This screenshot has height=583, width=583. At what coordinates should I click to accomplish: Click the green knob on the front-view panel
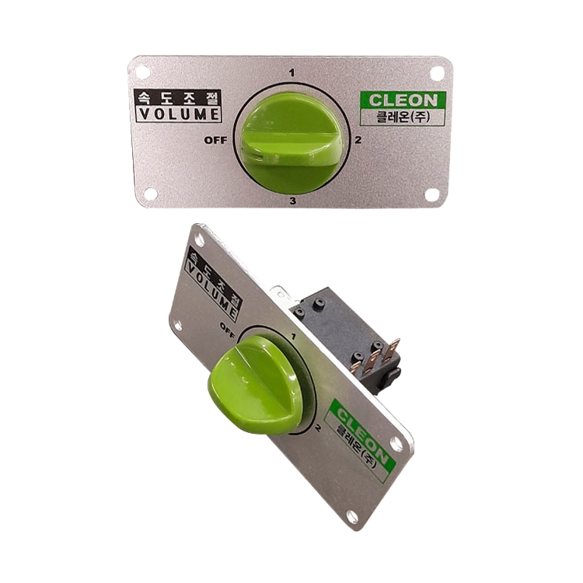click(x=292, y=143)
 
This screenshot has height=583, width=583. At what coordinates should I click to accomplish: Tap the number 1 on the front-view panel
click(x=291, y=73)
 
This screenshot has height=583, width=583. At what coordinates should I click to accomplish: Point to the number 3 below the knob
click(x=293, y=201)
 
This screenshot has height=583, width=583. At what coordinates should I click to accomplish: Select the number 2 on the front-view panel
click(x=358, y=140)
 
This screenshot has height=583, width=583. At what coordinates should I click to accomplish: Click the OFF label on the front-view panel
click(x=215, y=140)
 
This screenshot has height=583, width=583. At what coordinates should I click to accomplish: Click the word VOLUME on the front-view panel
click(x=179, y=114)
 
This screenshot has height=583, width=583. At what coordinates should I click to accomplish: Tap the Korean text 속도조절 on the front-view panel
click(x=178, y=98)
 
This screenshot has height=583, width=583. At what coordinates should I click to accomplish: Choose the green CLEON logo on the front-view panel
click(x=403, y=100)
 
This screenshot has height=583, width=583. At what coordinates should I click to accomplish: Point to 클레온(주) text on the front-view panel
click(x=403, y=117)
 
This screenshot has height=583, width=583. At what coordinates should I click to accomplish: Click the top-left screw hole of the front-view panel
click(x=142, y=72)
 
